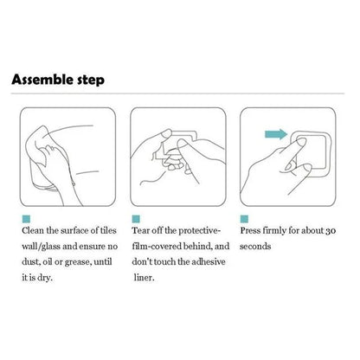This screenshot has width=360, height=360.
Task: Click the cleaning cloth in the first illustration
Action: [41, 129]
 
